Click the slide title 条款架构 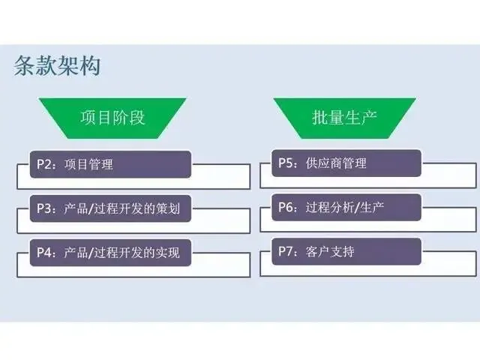[x=57, y=66]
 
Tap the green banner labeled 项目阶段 [x=112, y=118]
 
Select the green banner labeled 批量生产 [x=345, y=118]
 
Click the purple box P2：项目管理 [x=110, y=164]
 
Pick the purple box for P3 [x=110, y=208]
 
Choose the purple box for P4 [x=110, y=251]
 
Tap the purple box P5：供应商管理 [x=346, y=164]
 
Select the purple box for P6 [x=346, y=208]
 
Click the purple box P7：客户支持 [x=346, y=251]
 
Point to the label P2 [x=46, y=164]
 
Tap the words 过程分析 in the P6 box [x=328, y=208]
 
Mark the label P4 [x=46, y=251]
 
